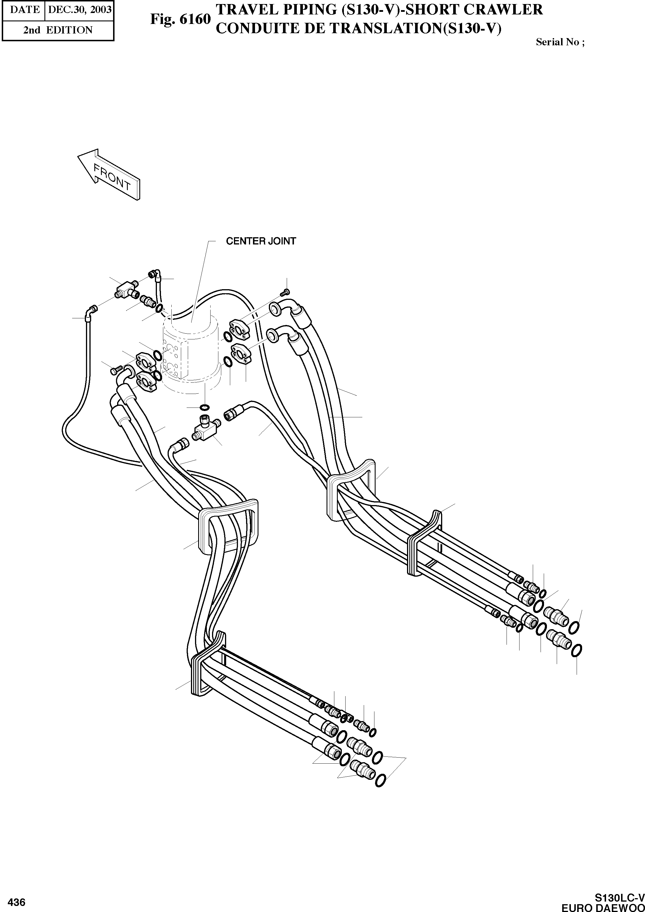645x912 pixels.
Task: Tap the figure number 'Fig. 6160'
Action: click(x=180, y=19)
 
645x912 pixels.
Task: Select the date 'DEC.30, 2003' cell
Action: click(x=79, y=9)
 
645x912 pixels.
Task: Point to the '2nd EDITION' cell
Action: click(x=58, y=30)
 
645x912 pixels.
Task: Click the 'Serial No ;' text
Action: click(x=560, y=42)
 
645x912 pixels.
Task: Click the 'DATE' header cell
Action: click(x=25, y=9)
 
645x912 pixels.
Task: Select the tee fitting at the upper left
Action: click(x=127, y=289)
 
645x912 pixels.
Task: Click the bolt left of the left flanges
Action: click(x=115, y=371)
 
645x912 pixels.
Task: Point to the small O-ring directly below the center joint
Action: click(x=205, y=407)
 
